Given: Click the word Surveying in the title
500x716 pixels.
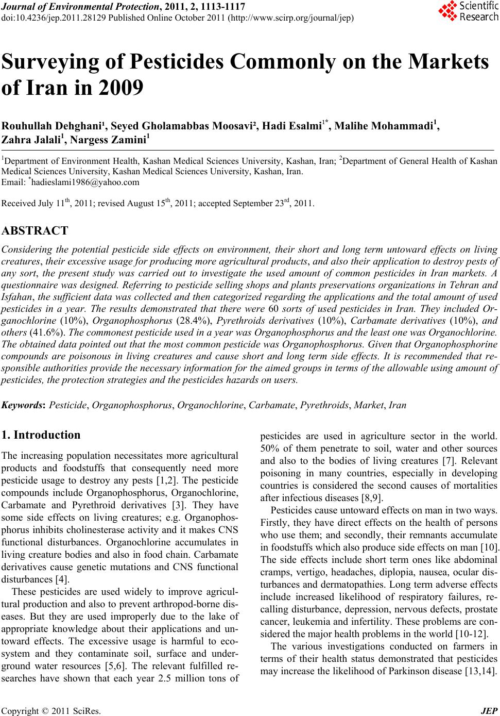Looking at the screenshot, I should (58, 62).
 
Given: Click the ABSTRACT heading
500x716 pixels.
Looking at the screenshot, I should (35, 230).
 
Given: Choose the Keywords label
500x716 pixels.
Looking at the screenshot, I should (24, 405).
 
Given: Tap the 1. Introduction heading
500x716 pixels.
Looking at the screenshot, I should (41, 435).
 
